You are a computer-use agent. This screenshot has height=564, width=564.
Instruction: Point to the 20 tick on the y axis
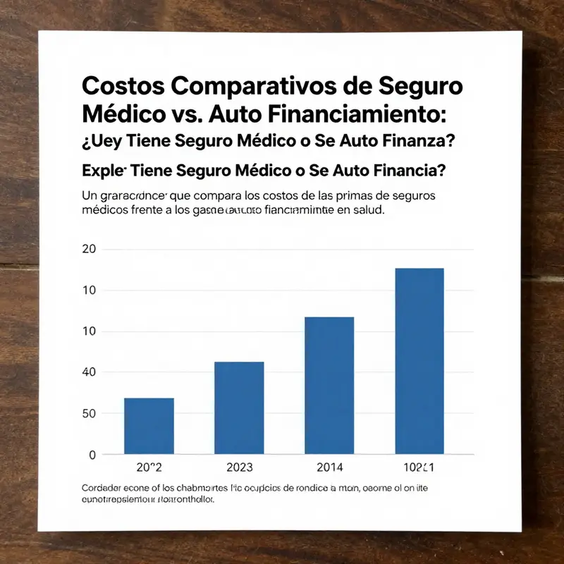pos(88,249)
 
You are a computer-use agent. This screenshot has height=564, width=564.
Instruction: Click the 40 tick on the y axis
pos(88,372)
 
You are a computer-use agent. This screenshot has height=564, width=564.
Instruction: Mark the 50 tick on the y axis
pos(88,413)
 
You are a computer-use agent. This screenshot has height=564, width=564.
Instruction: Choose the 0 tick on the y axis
pos(91,455)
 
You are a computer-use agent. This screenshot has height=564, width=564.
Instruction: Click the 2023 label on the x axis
pos(239,467)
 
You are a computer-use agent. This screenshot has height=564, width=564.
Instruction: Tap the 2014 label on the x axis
pos(329,467)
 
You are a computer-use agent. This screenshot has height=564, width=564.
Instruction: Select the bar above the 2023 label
pos(239,408)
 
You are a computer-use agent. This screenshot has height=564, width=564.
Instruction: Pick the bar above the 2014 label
pos(329,386)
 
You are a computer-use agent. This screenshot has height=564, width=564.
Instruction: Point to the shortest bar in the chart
pos(149,426)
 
